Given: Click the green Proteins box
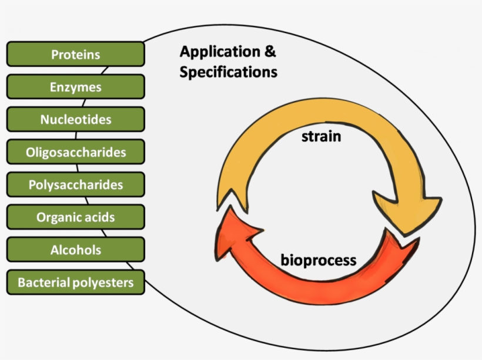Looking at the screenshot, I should pos(75,54).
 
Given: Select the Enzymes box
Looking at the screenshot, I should pos(75,87).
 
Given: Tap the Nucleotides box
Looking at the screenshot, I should pos(75,120).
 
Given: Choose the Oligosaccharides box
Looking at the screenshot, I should pos(75,152).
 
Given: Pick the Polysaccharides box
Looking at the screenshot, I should pos(75,184).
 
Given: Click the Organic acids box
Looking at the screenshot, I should pos(75,217).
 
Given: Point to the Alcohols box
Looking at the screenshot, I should pos(75,250).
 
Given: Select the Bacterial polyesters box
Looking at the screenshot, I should pos(75,282).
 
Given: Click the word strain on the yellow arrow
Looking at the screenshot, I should pos(322,137).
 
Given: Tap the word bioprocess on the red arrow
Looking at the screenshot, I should pos(318,259).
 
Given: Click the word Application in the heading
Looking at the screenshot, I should pos(220,52).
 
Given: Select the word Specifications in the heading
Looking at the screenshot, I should pos(229,72).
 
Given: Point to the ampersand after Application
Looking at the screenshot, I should pos(269,52).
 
